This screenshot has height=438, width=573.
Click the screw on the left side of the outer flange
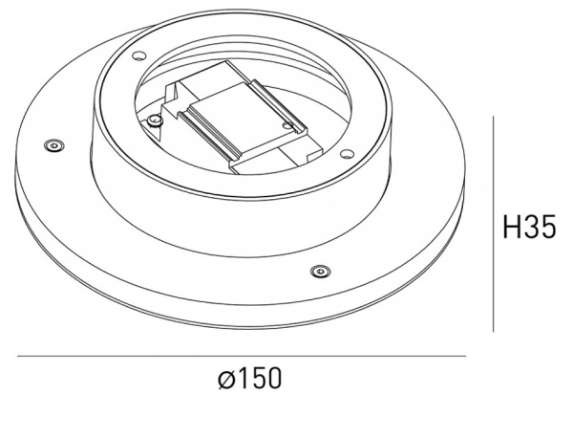pyautogui.click(x=53, y=145)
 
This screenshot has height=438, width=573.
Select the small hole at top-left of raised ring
pyautogui.click(x=137, y=54)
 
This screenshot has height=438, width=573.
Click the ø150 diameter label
pyautogui.click(x=249, y=380)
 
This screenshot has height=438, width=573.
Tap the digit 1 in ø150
pyautogui.click(x=240, y=380)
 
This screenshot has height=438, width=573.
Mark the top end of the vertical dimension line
pyautogui.click(x=494, y=118)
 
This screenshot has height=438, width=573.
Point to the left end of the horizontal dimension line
pyautogui.click(x=18, y=357)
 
